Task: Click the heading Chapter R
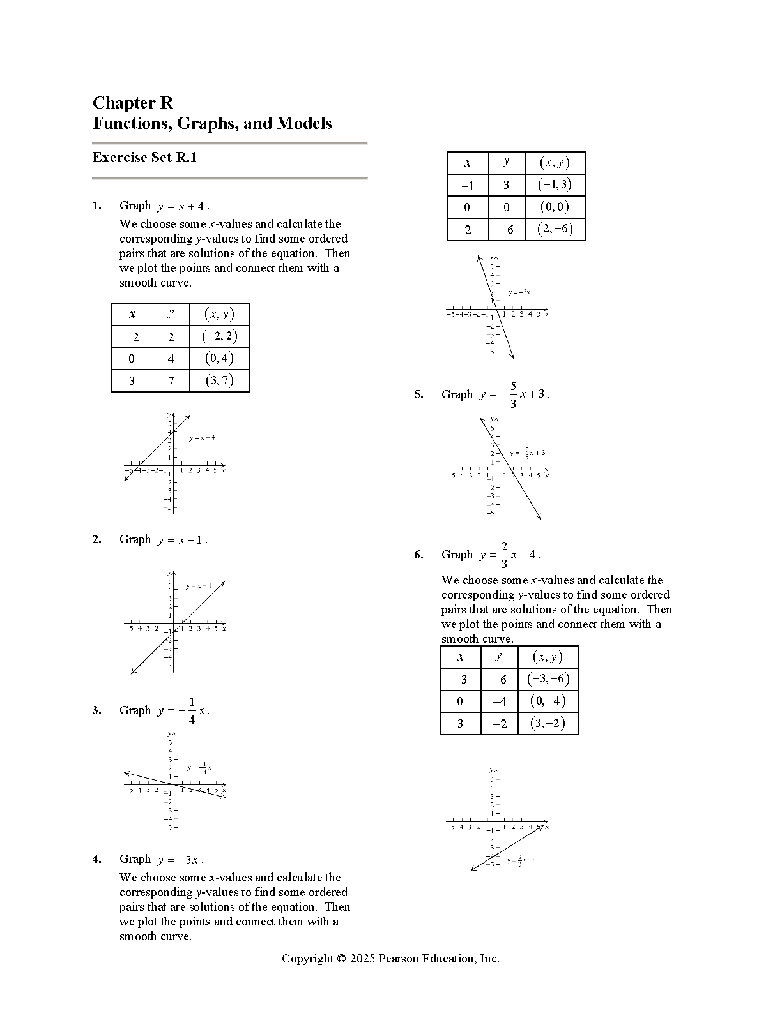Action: pyautogui.click(x=133, y=103)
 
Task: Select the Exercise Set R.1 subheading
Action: pyautogui.click(x=144, y=158)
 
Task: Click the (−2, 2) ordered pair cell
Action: pyautogui.click(x=219, y=336)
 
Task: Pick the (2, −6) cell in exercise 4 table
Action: pyautogui.click(x=555, y=229)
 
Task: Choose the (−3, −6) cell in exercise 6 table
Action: pyautogui.click(x=548, y=679)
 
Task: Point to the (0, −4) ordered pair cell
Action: pyautogui.click(x=548, y=701)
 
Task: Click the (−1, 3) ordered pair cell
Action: pyautogui.click(x=555, y=185)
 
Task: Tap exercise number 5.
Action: pyautogui.click(x=418, y=394)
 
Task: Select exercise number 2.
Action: pyautogui.click(x=96, y=539)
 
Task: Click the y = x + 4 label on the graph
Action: pyautogui.click(x=202, y=438)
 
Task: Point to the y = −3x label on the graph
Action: pyautogui.click(x=519, y=292)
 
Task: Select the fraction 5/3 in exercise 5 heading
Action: pyautogui.click(x=514, y=394)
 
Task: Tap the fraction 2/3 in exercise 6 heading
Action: pyautogui.click(x=504, y=555)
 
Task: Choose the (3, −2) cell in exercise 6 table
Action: pyautogui.click(x=548, y=723)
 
